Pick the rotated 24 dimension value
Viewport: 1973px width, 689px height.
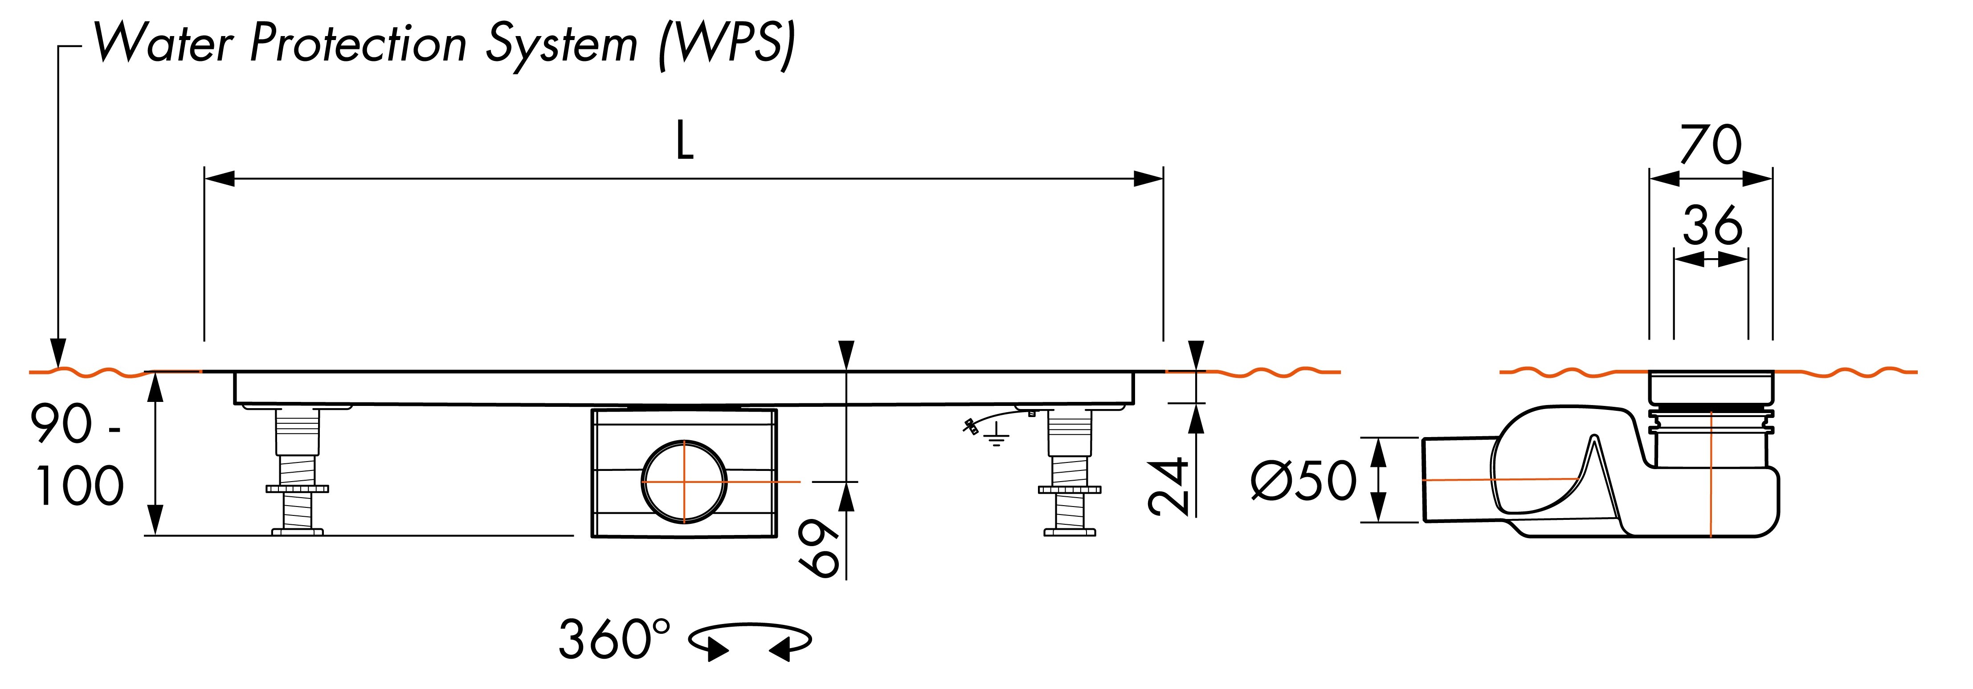click(x=1169, y=486)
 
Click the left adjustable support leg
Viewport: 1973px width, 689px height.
click(x=297, y=471)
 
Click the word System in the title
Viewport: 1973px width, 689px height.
click(x=561, y=45)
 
